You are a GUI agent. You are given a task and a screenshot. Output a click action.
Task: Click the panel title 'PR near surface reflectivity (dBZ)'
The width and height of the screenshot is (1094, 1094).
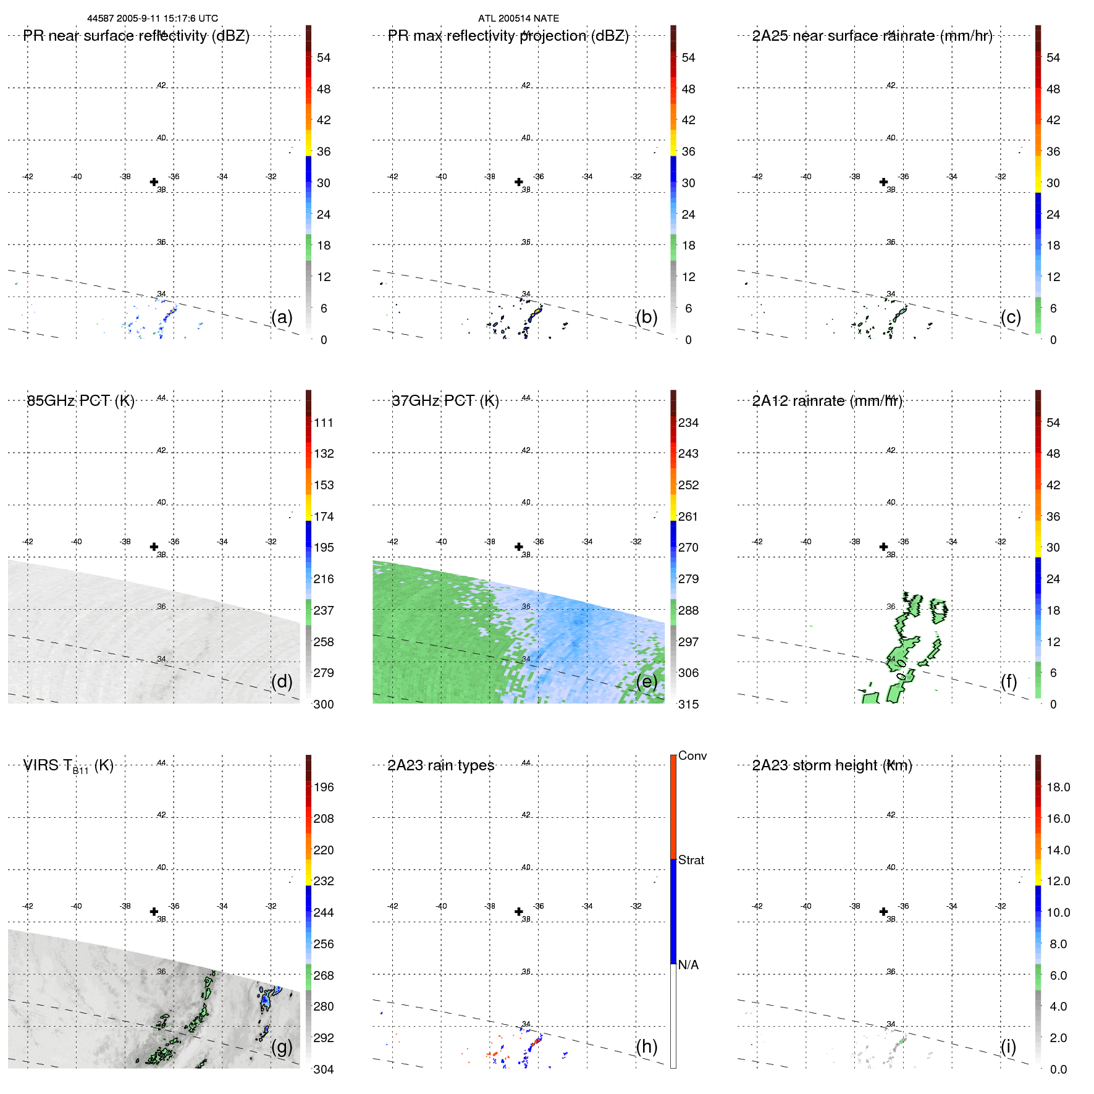pos(136,36)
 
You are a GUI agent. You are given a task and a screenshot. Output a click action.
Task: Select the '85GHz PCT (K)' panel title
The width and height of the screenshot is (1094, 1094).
pos(80,401)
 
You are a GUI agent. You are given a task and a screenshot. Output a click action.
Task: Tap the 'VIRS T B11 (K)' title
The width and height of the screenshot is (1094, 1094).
pos(68,766)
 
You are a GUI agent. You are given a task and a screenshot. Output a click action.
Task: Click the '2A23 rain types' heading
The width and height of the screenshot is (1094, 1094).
pos(440,766)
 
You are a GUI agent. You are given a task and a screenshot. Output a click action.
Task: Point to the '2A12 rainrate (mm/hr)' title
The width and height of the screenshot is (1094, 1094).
pos(827,401)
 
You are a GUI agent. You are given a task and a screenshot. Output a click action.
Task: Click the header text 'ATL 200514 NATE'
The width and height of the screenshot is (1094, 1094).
pos(518,19)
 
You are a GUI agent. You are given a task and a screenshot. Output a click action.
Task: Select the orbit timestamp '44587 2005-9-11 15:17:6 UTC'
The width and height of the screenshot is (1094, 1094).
pos(153,19)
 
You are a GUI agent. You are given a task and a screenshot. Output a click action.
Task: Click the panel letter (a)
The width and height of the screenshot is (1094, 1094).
pos(282,317)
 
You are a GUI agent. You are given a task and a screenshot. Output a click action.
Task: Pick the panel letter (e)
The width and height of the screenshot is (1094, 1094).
pos(647,681)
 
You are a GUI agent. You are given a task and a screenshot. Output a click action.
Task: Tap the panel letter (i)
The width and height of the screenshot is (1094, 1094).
pos(1008,1046)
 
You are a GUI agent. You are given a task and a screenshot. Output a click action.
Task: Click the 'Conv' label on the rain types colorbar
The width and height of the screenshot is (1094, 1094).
pos(692,755)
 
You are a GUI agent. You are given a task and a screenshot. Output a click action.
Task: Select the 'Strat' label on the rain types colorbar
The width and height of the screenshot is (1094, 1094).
pos(691,860)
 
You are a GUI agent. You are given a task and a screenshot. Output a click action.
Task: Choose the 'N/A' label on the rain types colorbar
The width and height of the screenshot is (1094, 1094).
pos(688,965)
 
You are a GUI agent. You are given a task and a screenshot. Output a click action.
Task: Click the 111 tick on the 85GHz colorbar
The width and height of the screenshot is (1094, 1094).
pos(323,423)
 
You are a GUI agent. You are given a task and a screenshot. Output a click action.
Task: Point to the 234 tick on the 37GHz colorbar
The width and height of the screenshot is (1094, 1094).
pos(688,423)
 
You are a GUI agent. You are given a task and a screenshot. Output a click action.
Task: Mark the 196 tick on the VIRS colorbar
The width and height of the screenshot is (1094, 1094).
pos(323,787)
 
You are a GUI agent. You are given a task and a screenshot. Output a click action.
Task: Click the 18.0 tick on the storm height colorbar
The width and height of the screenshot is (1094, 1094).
pos(1058,787)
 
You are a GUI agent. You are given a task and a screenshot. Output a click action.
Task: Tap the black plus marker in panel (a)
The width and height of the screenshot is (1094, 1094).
pos(154,182)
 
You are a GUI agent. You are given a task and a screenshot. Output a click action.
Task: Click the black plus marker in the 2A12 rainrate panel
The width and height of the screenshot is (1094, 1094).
pos(883,547)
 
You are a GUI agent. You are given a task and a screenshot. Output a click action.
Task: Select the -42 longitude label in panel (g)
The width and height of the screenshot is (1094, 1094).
pos(27,906)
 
